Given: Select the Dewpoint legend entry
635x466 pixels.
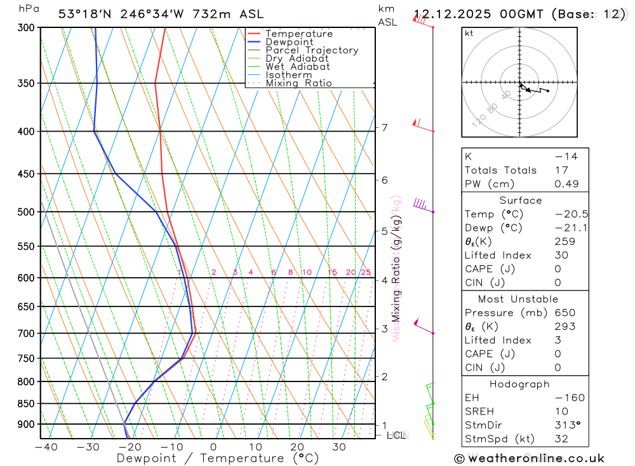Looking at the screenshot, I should click(x=289, y=42).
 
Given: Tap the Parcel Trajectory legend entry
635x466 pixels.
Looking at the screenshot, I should click(x=312, y=50).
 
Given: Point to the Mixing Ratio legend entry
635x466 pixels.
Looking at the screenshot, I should click(x=298, y=83).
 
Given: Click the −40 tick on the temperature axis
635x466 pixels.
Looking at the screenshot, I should click(x=46, y=447).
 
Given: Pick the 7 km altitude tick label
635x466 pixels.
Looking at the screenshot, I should click(x=384, y=128).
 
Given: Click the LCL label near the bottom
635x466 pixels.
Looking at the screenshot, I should click(x=396, y=435).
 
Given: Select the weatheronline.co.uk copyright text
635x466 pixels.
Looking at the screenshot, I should click(x=530, y=458).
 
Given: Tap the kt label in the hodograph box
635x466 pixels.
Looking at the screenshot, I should click(x=469, y=33).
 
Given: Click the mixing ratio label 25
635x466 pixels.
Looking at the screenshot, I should click(x=366, y=273).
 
